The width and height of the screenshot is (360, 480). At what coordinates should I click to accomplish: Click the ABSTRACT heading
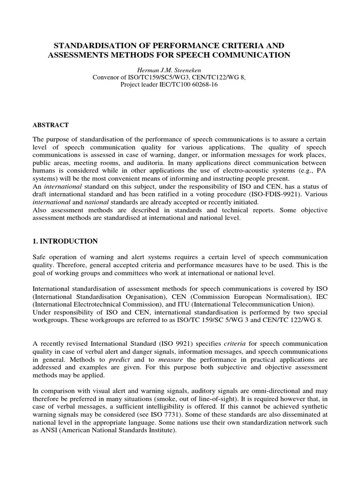pos(51,125)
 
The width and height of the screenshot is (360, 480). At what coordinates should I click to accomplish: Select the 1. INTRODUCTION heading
pos(65,241)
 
